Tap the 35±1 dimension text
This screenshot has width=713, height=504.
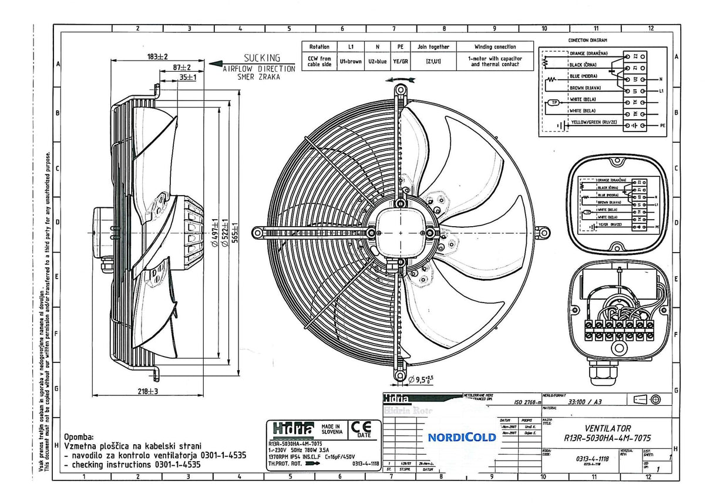click(188, 77)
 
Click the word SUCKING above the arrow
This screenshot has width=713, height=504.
click(262, 58)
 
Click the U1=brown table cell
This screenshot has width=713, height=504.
click(351, 61)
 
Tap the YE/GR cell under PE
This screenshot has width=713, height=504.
click(401, 61)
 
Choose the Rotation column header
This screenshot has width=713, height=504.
click(319, 46)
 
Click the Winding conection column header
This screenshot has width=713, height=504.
click(495, 46)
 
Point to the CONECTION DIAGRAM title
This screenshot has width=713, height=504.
click(588, 41)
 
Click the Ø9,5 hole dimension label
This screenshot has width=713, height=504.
click(421, 379)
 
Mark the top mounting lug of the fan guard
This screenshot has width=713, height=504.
click(400, 90)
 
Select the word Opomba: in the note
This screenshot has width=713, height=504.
click(79, 437)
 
